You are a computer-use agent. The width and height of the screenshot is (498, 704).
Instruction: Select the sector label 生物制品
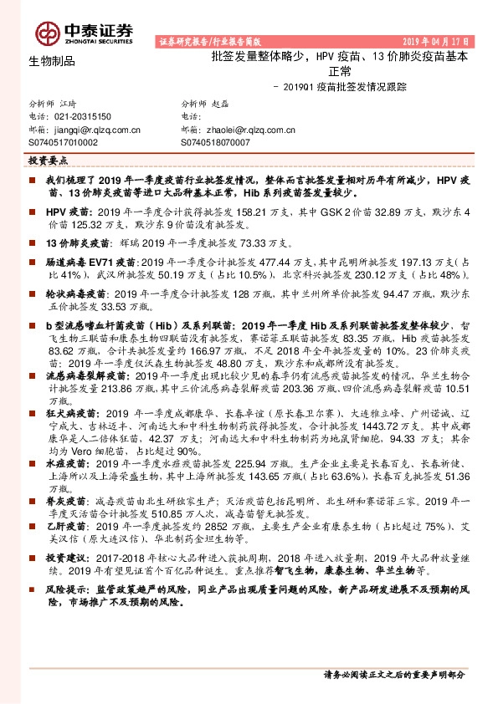pos(52,61)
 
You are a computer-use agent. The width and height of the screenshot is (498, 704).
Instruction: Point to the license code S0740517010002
pos(64,143)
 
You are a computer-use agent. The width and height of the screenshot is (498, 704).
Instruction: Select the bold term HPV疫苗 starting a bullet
pos(65,212)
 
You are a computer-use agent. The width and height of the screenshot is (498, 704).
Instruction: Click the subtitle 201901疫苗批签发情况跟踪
pos(339,87)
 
